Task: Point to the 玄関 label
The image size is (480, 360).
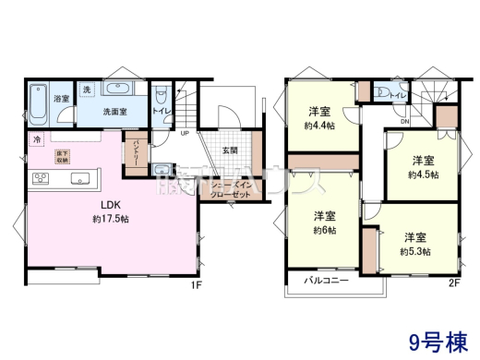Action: pyautogui.click(x=230, y=150)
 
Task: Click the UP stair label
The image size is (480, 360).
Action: pyautogui.click(x=186, y=133)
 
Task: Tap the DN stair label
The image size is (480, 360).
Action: pyautogui.click(x=404, y=121)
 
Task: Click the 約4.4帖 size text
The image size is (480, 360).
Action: pyautogui.click(x=322, y=126)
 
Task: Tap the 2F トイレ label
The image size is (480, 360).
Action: pyautogui.click(x=399, y=95)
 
